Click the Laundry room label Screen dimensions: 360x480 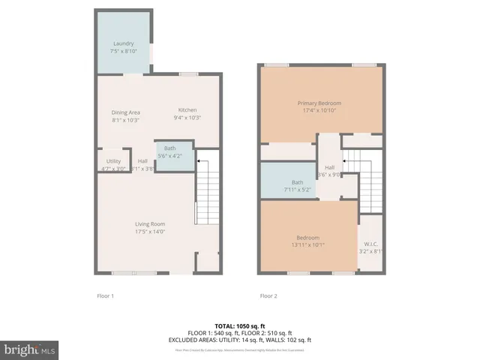pyautogui.click(x=123, y=43)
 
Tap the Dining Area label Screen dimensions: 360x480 pyautogui.click(x=125, y=112)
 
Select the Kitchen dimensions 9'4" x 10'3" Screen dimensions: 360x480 pyautogui.click(x=187, y=118)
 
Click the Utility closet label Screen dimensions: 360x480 pyautogui.click(x=113, y=160)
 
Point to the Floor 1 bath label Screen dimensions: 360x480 pyautogui.click(x=170, y=149)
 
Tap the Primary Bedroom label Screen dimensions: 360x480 pyautogui.click(x=319, y=103)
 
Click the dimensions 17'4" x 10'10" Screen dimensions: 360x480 pyautogui.click(x=319, y=110)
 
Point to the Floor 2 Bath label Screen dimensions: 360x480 pyautogui.click(x=298, y=181)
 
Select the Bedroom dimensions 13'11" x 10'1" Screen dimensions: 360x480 pyautogui.click(x=310, y=243)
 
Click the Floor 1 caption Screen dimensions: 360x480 pyautogui.click(x=106, y=295)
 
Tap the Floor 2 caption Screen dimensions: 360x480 pyautogui.click(x=268, y=295)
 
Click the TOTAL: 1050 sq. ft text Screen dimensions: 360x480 pyautogui.click(x=239, y=326)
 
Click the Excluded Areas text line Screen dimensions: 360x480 pyautogui.click(x=239, y=340)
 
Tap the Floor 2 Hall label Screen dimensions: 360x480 pyautogui.click(x=329, y=167)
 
